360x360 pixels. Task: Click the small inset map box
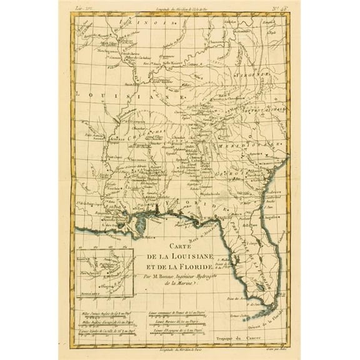click(101, 275)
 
